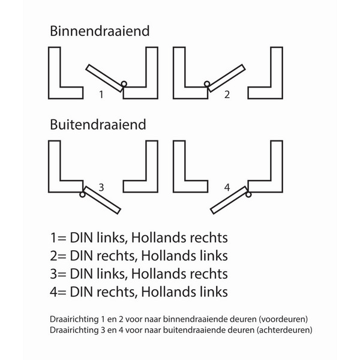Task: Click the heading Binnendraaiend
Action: pyautogui.click(x=100, y=31)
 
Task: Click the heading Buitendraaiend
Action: pyautogui.click(x=98, y=125)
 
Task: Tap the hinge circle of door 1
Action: pyautogui.click(x=124, y=84)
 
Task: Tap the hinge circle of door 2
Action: pyautogui.click(x=207, y=84)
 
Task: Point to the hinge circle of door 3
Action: pyautogui.click(x=82, y=194)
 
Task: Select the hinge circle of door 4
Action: pyautogui.click(x=248, y=194)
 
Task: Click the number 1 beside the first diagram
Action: pyautogui.click(x=101, y=95)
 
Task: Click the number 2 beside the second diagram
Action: pyautogui.click(x=227, y=95)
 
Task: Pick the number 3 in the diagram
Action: pyautogui.click(x=101, y=188)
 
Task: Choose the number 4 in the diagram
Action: pyautogui.click(x=227, y=188)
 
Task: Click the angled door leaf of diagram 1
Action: pyautogui.click(x=104, y=78)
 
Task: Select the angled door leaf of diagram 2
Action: pyautogui.click(x=227, y=78)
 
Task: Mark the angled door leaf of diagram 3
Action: pyautogui.click(x=102, y=200)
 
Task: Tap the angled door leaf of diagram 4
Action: pyautogui.click(x=229, y=200)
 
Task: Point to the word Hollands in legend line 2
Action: pyautogui.click(x=169, y=256)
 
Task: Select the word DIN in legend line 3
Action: pyautogui.click(x=81, y=274)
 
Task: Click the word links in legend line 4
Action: pyautogui.click(x=214, y=292)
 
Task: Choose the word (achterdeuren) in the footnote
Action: pyautogui.click(x=284, y=330)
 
